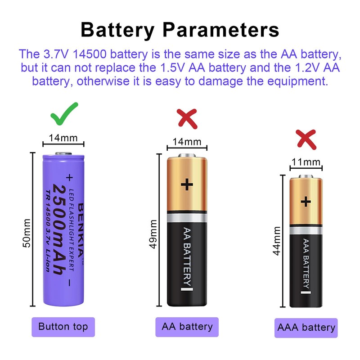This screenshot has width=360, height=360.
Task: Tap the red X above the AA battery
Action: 186,118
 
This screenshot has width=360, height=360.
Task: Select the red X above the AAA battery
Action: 306,139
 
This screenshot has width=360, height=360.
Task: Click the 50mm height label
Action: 27,233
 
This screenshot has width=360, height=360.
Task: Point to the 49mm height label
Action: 153,234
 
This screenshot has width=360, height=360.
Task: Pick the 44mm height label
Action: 277,241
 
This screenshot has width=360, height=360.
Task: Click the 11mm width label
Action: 306,162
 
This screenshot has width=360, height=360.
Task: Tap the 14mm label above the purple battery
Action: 63,138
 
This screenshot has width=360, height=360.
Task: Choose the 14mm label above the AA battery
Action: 187,142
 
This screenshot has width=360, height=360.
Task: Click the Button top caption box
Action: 63,327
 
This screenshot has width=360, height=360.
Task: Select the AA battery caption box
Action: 187,327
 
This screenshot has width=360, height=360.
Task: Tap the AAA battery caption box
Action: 306,328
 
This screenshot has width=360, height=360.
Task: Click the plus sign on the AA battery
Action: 186,184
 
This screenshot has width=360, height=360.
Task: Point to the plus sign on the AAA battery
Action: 306,201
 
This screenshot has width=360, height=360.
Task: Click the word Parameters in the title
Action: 221,30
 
